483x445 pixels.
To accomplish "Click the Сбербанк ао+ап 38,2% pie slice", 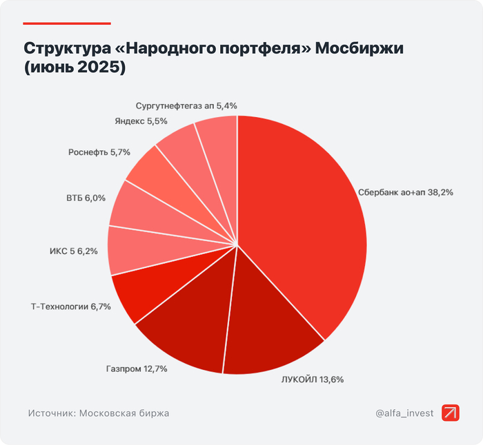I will [x=304, y=220].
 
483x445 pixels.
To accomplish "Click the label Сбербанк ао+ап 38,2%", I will [x=406, y=193].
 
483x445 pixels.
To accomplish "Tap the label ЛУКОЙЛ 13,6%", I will [x=312, y=379].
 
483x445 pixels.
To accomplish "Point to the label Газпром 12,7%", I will [x=137, y=369].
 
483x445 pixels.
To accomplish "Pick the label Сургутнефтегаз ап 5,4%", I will [x=186, y=106].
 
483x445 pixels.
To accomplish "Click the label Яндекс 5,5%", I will [x=140, y=121].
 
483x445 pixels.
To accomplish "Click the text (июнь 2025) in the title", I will [x=77, y=70].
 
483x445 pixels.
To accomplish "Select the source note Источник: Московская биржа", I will [x=99, y=413].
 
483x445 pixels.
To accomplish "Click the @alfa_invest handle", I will [x=405, y=413].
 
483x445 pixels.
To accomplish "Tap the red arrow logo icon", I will [x=451, y=413].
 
